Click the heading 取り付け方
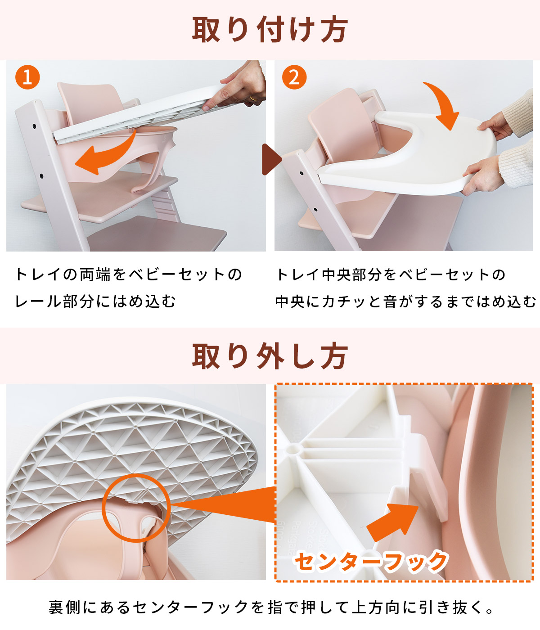[270, 30]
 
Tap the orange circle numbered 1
[27, 77]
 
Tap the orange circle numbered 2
[294, 77]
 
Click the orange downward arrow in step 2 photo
[443, 106]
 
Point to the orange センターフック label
[370, 562]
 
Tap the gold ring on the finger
[252, 98]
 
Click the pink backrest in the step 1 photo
[90, 99]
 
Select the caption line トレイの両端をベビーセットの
[128, 274]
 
